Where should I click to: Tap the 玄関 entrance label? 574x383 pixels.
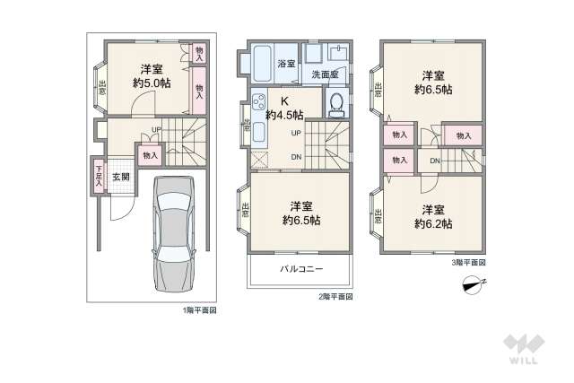[121, 177]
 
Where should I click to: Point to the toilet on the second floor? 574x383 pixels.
[335, 104]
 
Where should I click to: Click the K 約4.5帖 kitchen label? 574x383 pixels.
[284, 109]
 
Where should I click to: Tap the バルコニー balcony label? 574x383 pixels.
[300, 269]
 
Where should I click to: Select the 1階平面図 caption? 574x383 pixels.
[198, 310]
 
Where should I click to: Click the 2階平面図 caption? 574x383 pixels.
[334, 296]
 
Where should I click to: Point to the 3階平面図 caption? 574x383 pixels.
[468, 262]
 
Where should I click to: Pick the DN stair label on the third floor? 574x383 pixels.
[434, 161]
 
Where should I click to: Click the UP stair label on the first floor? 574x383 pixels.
[156, 129]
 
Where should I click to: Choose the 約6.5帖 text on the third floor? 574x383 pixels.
[433, 89]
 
